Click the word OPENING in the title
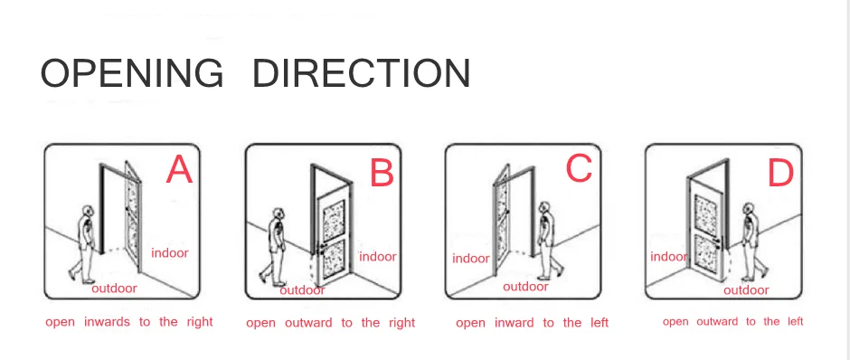(x=132, y=73)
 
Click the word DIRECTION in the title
(x=362, y=73)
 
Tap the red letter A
(x=179, y=170)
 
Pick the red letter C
(x=579, y=168)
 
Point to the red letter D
(x=781, y=174)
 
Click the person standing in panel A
(x=83, y=243)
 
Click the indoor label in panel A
(x=170, y=252)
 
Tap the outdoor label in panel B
(x=303, y=290)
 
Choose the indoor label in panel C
(x=471, y=259)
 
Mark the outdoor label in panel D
(x=746, y=290)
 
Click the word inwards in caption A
(x=107, y=321)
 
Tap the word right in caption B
(x=401, y=323)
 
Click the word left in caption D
(x=796, y=321)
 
